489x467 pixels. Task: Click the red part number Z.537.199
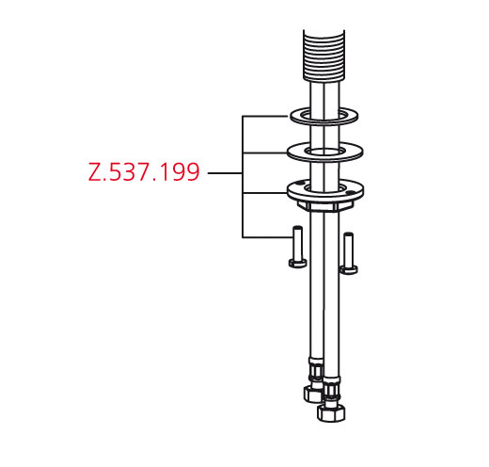click(144, 172)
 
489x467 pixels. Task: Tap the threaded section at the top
click(324, 56)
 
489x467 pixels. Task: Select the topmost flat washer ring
click(324, 116)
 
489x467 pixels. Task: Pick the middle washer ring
click(325, 153)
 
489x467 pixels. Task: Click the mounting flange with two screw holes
click(325, 190)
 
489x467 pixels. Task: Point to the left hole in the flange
click(300, 183)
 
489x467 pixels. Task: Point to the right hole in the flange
click(351, 193)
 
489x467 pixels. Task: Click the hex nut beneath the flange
click(324, 206)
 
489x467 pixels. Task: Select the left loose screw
click(297, 247)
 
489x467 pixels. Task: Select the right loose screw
click(349, 253)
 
